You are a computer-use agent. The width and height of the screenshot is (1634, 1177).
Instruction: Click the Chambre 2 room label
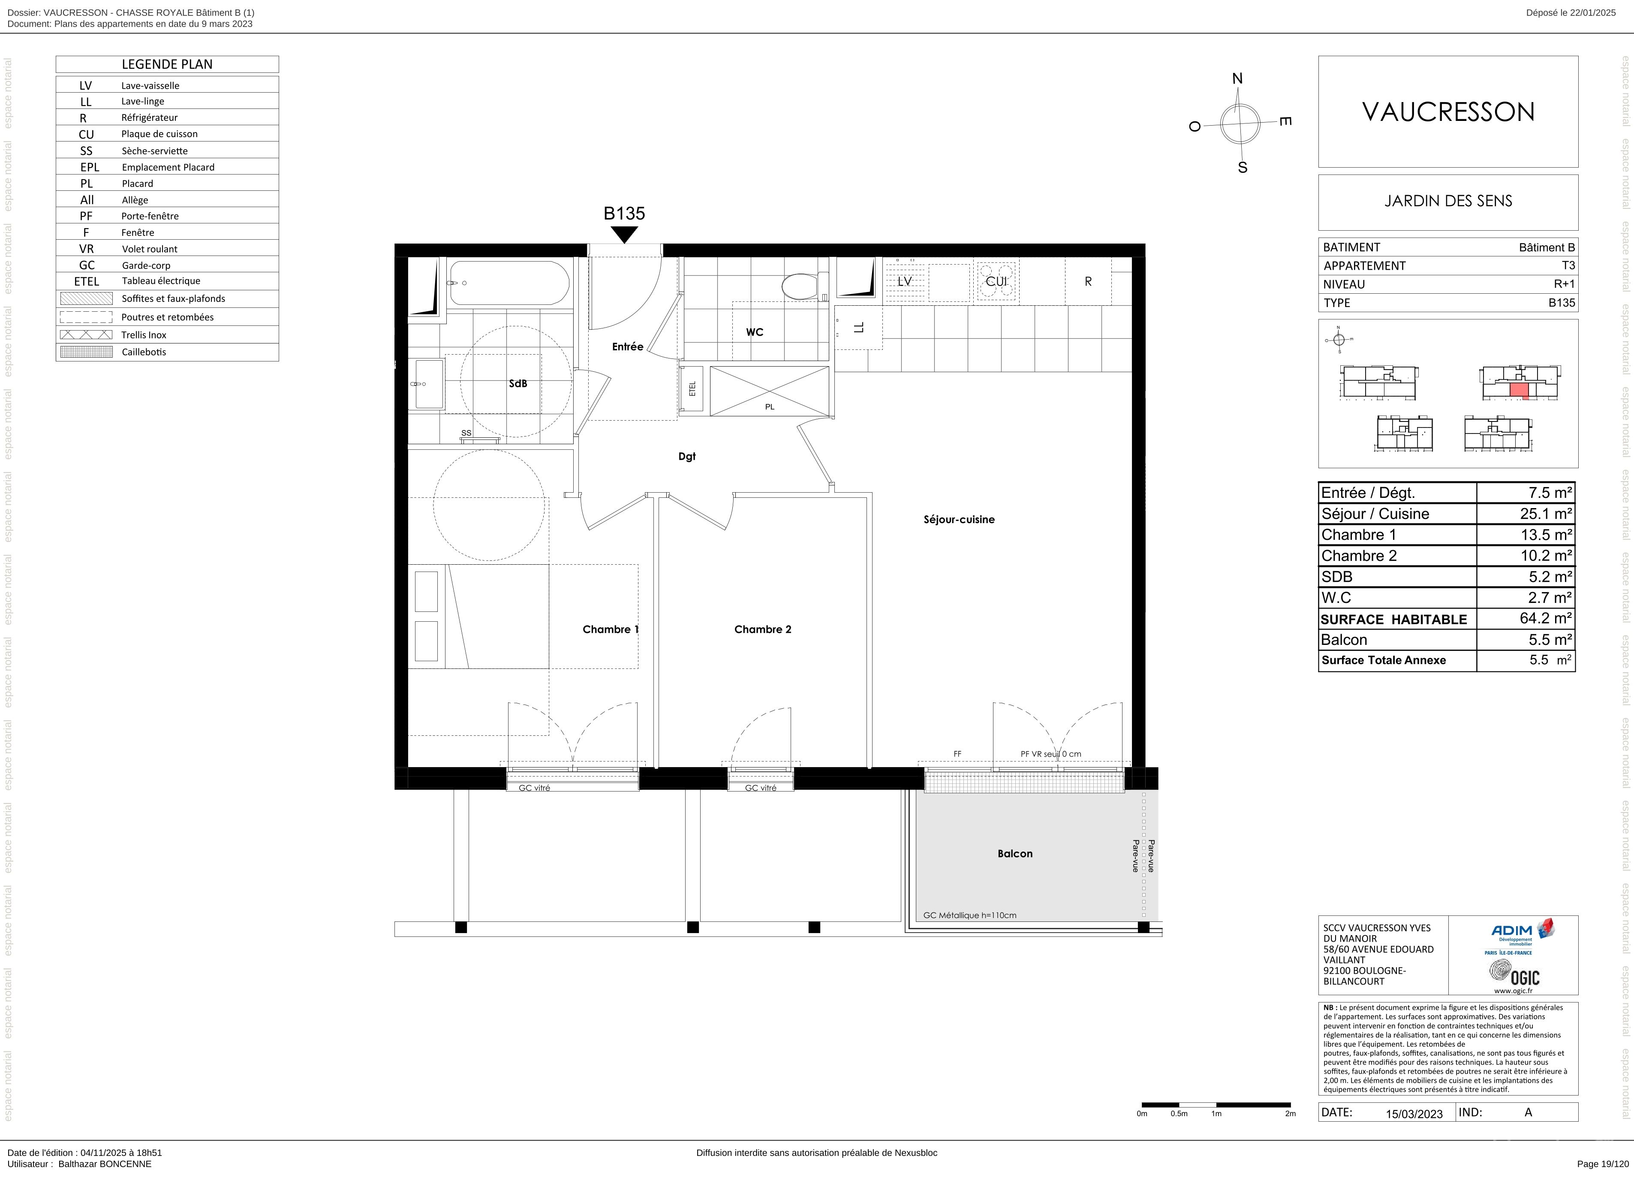tap(762, 629)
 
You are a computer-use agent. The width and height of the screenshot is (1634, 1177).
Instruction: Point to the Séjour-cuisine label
tap(959, 519)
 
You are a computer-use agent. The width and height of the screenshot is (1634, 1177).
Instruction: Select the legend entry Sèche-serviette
tap(154, 151)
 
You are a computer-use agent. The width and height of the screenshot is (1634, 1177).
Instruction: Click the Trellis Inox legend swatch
tap(87, 334)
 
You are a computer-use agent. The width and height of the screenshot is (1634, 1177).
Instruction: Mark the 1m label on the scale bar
tap(1216, 1114)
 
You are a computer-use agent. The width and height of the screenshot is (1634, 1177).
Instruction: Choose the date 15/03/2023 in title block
tap(1414, 1114)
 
